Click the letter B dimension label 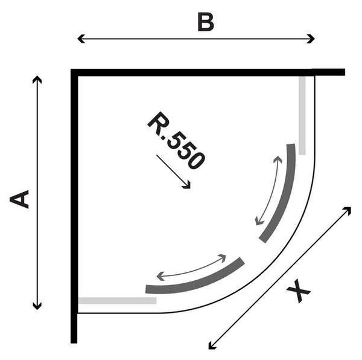(206, 22)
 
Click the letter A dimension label (19, 199)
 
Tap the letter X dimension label (298, 291)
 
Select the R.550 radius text (176, 140)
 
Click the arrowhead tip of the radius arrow (190, 188)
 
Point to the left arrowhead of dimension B (78, 39)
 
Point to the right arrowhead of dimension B (314, 39)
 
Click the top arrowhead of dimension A (37, 76)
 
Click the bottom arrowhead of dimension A (37, 309)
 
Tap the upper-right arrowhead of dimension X (351, 208)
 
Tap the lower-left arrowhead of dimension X (209, 349)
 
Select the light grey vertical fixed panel (302, 115)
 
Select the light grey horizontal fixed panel (117, 300)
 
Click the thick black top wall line (208, 72)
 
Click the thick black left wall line (74, 205)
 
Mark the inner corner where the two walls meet (78, 76)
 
